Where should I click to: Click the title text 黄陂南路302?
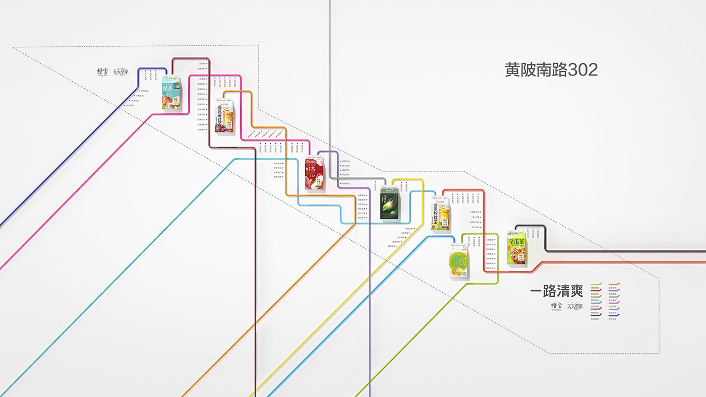[551, 70]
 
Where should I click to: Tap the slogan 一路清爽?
[556, 291]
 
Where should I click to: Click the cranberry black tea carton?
[224, 115]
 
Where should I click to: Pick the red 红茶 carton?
[315, 174]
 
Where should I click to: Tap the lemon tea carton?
[440, 215]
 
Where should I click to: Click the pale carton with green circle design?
[458, 260]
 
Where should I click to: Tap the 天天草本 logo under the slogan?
[575, 306]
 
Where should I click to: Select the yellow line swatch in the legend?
[596, 284]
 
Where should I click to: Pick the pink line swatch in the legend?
[614, 303]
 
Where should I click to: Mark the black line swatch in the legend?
[596, 315]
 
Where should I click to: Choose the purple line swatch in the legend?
[614, 291]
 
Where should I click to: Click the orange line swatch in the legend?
[614, 284]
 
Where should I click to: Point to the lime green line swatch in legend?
[596, 297]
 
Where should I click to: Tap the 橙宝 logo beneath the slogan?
[557, 306]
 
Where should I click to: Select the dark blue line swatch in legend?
[614, 315]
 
